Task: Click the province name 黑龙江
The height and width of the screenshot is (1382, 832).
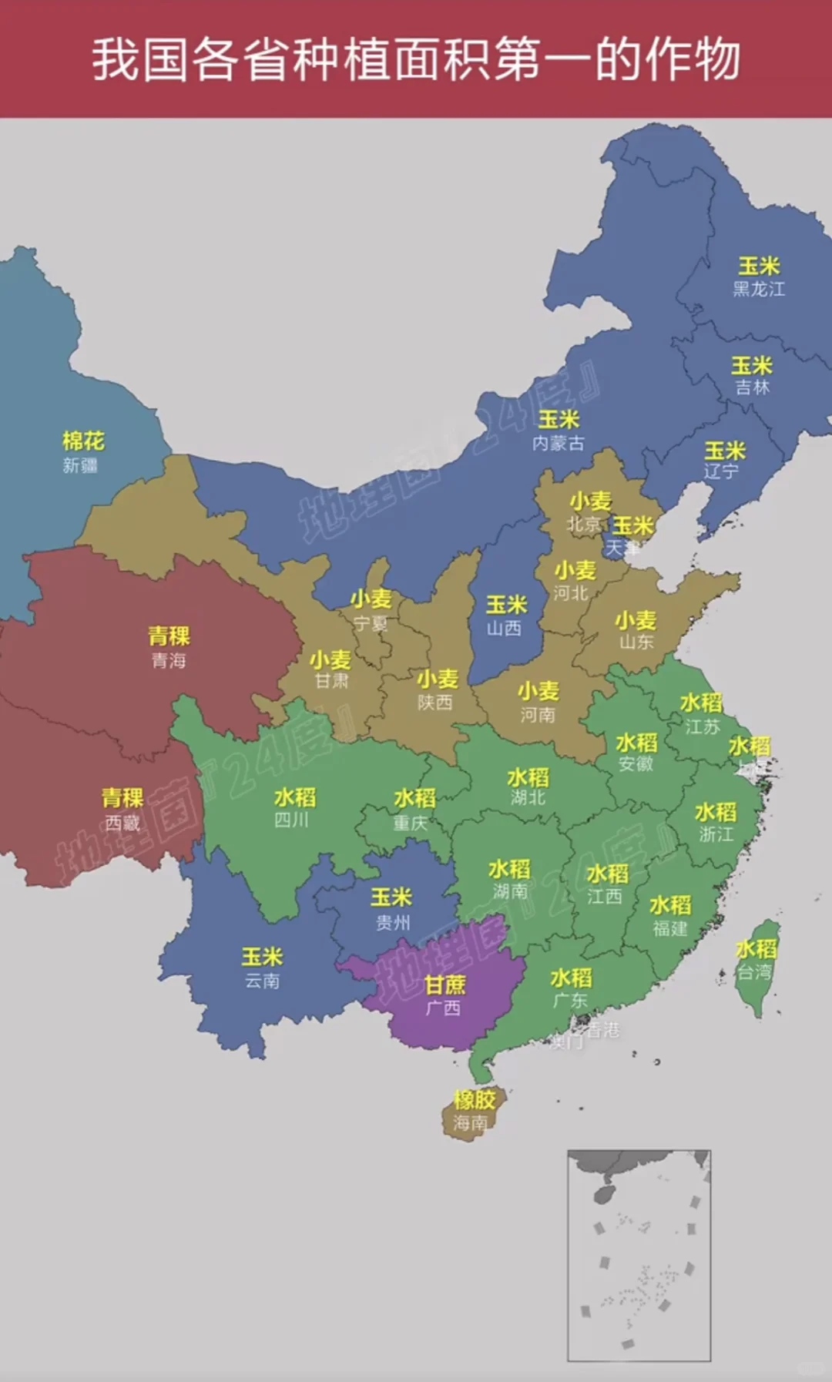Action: tap(759, 289)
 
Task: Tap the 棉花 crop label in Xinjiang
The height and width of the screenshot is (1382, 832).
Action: tap(83, 441)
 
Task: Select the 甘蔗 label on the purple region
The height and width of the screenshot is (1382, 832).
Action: tap(445, 985)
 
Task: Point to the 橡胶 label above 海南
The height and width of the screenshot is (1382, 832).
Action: tap(474, 1099)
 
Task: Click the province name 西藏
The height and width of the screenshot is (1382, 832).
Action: tap(122, 823)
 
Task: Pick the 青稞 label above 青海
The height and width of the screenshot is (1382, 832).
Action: tap(169, 636)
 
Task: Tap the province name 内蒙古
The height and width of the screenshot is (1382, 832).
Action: tap(559, 443)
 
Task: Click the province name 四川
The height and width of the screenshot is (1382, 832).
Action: tap(292, 820)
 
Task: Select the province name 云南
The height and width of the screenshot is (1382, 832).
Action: tap(262, 981)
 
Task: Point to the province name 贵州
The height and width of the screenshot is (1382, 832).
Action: tap(393, 922)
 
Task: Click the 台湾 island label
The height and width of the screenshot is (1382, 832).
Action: tap(754, 972)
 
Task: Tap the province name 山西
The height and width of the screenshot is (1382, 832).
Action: tap(504, 629)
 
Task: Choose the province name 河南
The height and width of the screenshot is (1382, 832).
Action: tap(537, 715)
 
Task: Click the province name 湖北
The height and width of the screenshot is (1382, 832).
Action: tap(528, 798)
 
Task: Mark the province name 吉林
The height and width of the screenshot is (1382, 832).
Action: tap(752, 387)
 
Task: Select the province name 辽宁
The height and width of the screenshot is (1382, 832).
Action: tap(722, 471)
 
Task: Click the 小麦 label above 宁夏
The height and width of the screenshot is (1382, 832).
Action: tap(371, 599)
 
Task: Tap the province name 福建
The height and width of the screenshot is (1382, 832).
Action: tap(670, 928)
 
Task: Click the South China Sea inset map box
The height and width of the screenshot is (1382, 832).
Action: tap(639, 1256)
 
